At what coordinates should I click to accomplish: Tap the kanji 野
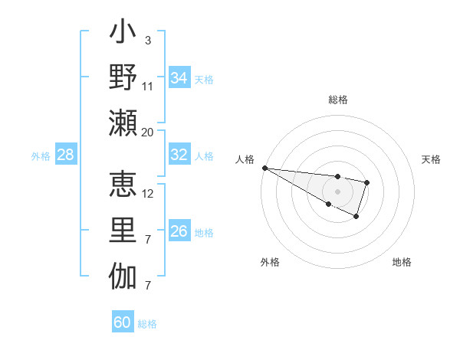point(123,79)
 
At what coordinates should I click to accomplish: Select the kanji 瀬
point(123,122)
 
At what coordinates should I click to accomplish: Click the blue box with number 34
point(179,78)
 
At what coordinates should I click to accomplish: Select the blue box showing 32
point(179,155)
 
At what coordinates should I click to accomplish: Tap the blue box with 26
point(179,231)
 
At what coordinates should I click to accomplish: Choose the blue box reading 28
point(65,155)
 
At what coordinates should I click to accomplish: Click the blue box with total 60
point(122,322)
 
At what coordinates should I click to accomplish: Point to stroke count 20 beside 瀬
point(148,132)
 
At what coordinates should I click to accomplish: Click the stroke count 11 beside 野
point(148,86)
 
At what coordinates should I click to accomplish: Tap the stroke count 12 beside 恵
point(148,193)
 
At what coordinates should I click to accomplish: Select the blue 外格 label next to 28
point(41,155)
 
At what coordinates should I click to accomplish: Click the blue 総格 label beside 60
point(147,323)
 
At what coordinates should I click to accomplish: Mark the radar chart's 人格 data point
point(264,167)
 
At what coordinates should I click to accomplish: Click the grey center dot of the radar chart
point(337,191)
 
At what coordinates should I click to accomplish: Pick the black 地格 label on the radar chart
point(402,262)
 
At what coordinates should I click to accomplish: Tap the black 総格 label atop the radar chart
point(337,100)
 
